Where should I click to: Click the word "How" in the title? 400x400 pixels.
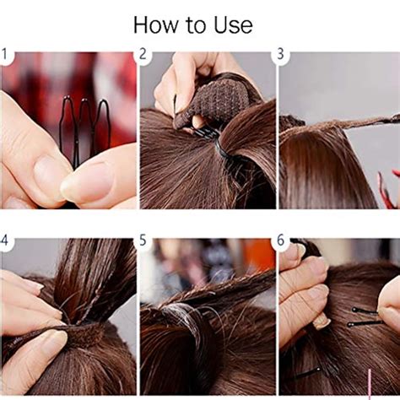pos(159,24)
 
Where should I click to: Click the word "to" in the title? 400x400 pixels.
pos(194,25)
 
